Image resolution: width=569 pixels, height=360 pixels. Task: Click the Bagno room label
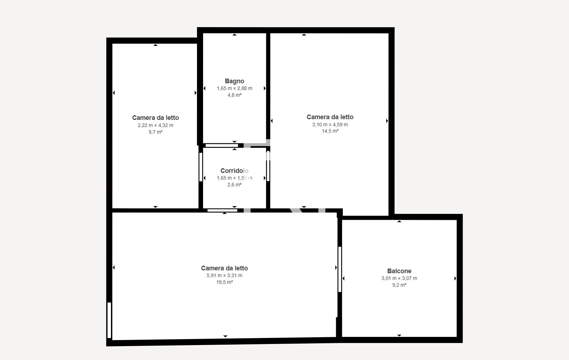click(x=234, y=81)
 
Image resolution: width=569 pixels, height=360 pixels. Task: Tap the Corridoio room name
click(x=234, y=171)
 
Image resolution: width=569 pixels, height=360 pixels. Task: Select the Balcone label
click(x=399, y=271)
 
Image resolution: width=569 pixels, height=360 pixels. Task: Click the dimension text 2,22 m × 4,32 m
click(x=155, y=125)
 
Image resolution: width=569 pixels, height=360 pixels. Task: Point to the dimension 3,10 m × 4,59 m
click(x=330, y=125)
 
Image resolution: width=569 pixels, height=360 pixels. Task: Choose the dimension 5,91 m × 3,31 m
click(x=224, y=275)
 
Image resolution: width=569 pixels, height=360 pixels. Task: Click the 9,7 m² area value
click(x=155, y=132)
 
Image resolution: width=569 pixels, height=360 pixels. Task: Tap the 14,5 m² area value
click(x=330, y=131)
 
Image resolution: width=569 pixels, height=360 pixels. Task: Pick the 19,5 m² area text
click(x=224, y=282)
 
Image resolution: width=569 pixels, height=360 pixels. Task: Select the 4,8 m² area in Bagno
click(x=234, y=95)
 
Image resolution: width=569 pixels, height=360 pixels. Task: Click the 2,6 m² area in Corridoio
click(x=234, y=185)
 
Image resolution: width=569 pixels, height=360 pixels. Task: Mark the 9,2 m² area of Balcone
click(x=399, y=285)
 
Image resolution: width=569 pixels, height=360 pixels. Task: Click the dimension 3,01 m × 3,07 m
click(x=399, y=278)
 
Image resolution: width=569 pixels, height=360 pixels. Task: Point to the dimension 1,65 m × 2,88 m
click(x=234, y=88)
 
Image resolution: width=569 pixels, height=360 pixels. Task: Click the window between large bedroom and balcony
click(x=340, y=269)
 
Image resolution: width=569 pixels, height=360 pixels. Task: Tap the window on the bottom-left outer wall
click(x=109, y=320)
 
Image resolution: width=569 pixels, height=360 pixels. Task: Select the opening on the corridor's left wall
click(x=201, y=167)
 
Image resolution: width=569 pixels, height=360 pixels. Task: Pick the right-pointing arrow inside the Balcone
click(x=455, y=279)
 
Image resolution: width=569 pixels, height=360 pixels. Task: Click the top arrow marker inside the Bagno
click(x=234, y=35)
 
